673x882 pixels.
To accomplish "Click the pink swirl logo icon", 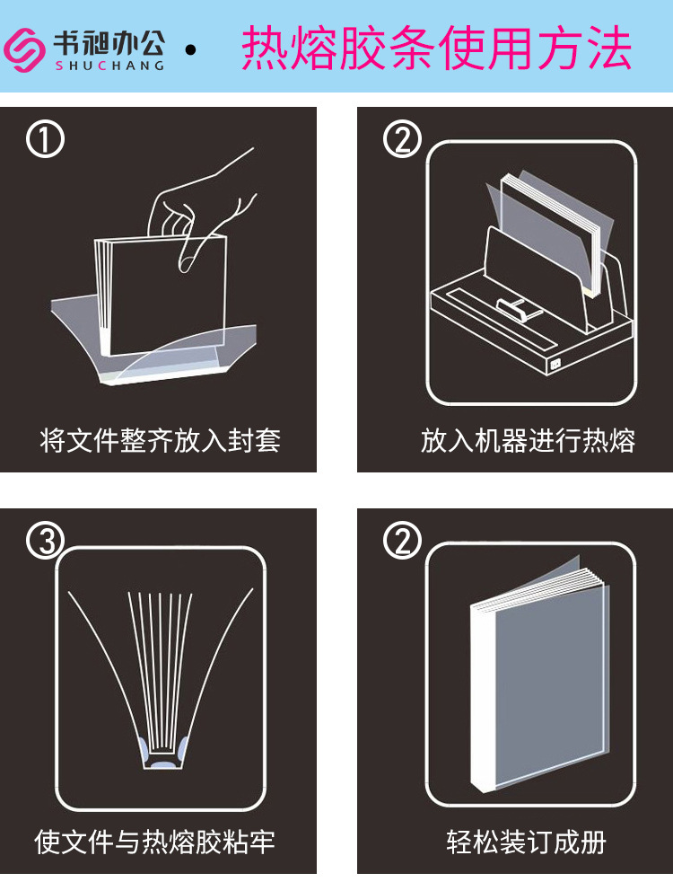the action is (x=25, y=50).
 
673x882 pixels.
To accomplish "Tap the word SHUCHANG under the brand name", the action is (x=110, y=66).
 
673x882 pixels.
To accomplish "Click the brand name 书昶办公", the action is (x=109, y=43).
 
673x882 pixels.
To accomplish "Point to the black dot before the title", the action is (x=190, y=50).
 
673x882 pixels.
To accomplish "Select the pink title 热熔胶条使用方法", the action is (x=436, y=48).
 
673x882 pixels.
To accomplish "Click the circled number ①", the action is (x=45, y=139).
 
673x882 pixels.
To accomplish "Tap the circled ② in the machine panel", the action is (x=402, y=139).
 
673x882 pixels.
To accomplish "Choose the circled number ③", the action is (x=45, y=541).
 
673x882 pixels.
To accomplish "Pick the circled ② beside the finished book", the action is (x=402, y=541).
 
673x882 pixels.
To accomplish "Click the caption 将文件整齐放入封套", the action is (x=160, y=440).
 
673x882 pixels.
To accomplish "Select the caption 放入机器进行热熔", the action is (x=528, y=440).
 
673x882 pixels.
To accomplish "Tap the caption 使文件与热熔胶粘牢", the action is (x=154, y=842).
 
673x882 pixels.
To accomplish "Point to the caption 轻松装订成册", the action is (x=527, y=842).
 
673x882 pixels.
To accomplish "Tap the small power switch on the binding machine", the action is (x=555, y=364).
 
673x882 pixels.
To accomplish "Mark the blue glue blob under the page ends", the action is (x=163, y=765).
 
